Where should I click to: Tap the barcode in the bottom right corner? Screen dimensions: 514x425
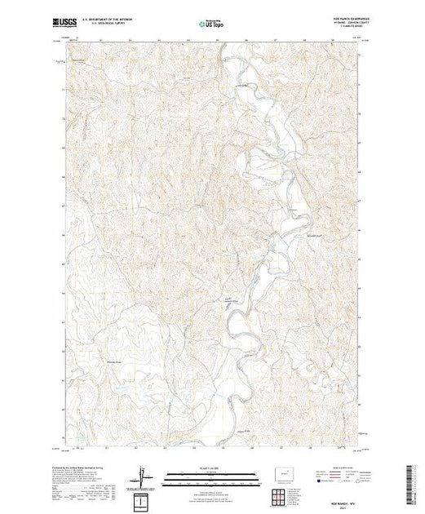point(412,477)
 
